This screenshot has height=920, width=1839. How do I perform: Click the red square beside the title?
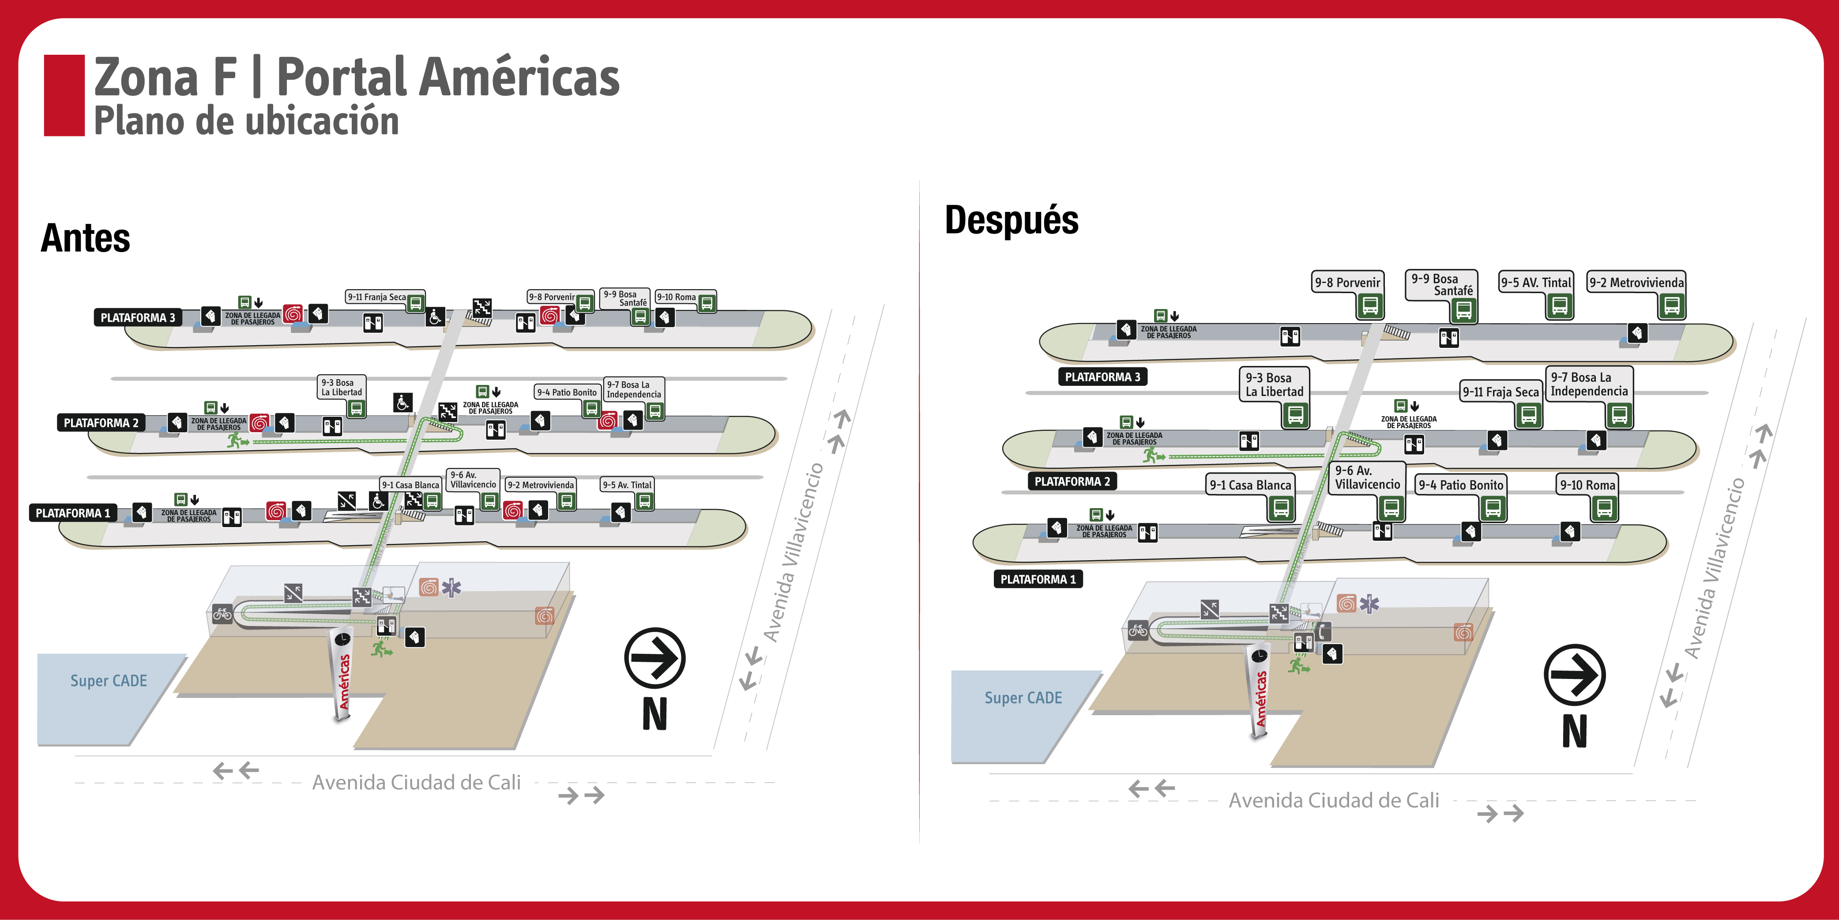point(64,95)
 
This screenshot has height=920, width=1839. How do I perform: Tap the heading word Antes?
point(86,238)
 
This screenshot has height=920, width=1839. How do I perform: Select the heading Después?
point(1011,220)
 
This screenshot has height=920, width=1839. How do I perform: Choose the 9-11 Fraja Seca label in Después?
point(1500,392)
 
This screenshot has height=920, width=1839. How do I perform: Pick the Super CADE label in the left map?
point(109,681)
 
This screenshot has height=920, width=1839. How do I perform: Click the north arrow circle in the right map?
point(1574,675)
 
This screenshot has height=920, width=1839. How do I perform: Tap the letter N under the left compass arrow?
point(654,713)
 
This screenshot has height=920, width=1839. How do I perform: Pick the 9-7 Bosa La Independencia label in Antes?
point(634,389)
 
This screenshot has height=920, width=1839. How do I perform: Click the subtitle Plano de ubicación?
point(246,121)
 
